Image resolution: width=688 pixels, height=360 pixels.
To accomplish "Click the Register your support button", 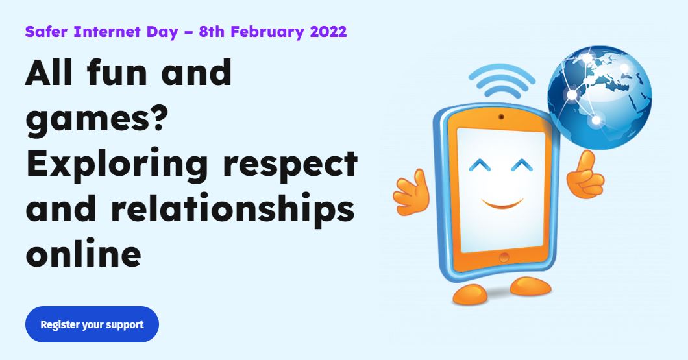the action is coord(92,324).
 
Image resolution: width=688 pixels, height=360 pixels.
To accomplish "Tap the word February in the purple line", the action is coord(267,32).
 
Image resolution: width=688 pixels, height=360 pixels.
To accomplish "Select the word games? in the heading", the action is coord(95,120).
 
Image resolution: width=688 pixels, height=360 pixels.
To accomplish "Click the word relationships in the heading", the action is coord(232,209).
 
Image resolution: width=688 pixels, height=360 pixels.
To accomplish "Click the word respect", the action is coord(290,166).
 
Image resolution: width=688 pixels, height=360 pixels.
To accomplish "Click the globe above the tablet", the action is coord(599,97).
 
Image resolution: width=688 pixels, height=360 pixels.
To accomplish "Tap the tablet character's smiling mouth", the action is coord(502,204).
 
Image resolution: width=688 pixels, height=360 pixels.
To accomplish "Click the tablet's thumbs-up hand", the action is coord(585,174).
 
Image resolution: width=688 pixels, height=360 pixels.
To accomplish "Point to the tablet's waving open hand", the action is coord(411,191).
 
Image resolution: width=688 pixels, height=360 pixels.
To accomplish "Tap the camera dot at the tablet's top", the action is coord(501,117).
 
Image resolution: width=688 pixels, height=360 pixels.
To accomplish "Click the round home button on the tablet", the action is coord(504,258).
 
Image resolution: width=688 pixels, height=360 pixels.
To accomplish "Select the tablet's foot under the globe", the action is coord(530,286).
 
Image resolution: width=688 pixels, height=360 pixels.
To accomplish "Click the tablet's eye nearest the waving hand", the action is coord(480,165).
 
